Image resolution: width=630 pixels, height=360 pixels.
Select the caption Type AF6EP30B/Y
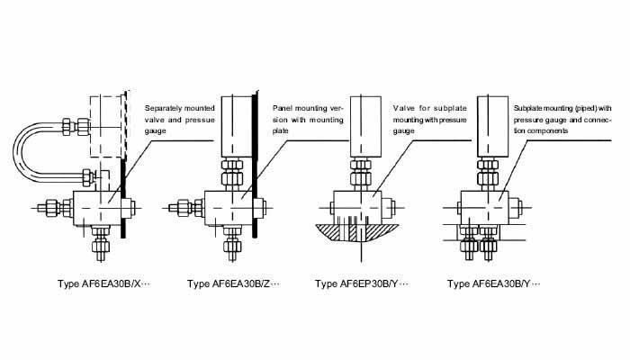[x=361, y=284]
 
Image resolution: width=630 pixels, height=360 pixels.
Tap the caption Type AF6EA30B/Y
[x=491, y=284]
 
